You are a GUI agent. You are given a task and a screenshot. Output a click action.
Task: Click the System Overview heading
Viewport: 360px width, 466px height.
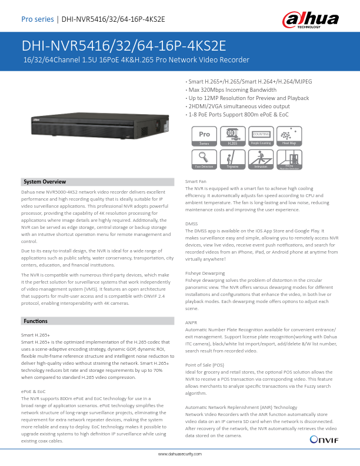coord(45,182)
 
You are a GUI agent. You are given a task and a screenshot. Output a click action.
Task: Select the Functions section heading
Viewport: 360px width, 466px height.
coord(36,321)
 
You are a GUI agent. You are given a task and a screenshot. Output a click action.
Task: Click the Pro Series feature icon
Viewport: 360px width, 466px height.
coord(204,136)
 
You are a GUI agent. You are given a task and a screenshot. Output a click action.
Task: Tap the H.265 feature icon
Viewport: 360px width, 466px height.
coord(232,136)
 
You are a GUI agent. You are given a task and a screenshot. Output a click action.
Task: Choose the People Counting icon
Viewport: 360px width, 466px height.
coord(261,136)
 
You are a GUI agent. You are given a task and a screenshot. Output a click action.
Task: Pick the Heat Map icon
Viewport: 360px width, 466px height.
coord(289,136)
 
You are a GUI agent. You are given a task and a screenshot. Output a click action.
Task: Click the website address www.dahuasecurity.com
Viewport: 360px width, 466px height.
coord(180,455)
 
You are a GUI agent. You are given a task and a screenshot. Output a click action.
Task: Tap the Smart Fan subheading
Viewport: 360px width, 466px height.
coord(195,181)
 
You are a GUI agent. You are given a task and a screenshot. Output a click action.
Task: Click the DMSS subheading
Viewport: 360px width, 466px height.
coord(192,224)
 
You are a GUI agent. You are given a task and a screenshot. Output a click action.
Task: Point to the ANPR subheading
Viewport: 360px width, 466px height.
coord(191,323)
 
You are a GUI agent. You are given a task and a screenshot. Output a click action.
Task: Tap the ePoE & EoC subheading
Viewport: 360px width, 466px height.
coord(33,391)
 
